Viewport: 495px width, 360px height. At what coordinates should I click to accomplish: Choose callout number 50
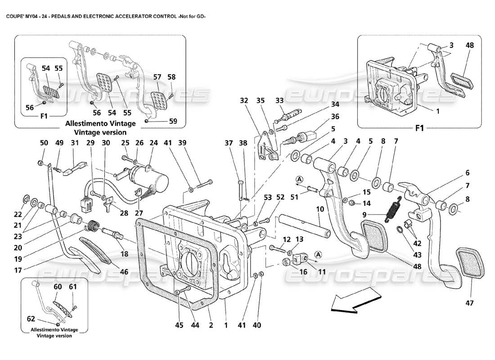click(x=44, y=143)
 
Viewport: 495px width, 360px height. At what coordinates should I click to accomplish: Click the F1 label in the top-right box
click(x=419, y=127)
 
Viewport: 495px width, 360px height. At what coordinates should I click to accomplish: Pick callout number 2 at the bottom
click(x=210, y=325)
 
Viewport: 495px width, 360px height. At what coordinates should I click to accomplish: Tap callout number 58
click(x=171, y=77)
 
